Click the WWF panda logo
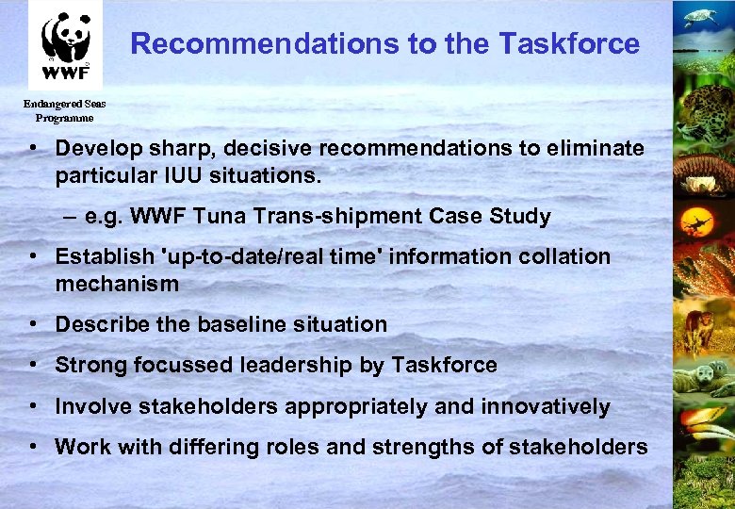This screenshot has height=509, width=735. point(65,43)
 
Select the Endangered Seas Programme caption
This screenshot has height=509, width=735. point(64,111)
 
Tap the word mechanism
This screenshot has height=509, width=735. point(117,284)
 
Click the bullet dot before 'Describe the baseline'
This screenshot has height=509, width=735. point(33,324)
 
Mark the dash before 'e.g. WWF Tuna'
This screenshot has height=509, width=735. point(71,216)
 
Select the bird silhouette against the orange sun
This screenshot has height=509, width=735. point(699,223)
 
